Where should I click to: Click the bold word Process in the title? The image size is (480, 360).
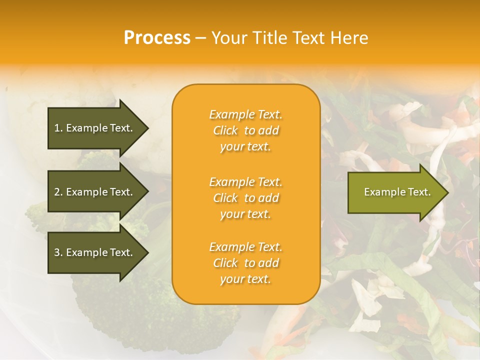click(157, 38)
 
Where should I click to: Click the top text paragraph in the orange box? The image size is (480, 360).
click(245, 130)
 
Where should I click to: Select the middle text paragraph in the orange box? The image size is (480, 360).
click(245, 198)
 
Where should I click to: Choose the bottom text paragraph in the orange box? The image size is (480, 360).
click(245, 263)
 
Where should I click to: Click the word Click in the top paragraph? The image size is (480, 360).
click(225, 131)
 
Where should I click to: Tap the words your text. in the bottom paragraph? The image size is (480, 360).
click(245, 279)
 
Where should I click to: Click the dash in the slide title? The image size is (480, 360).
click(200, 38)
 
